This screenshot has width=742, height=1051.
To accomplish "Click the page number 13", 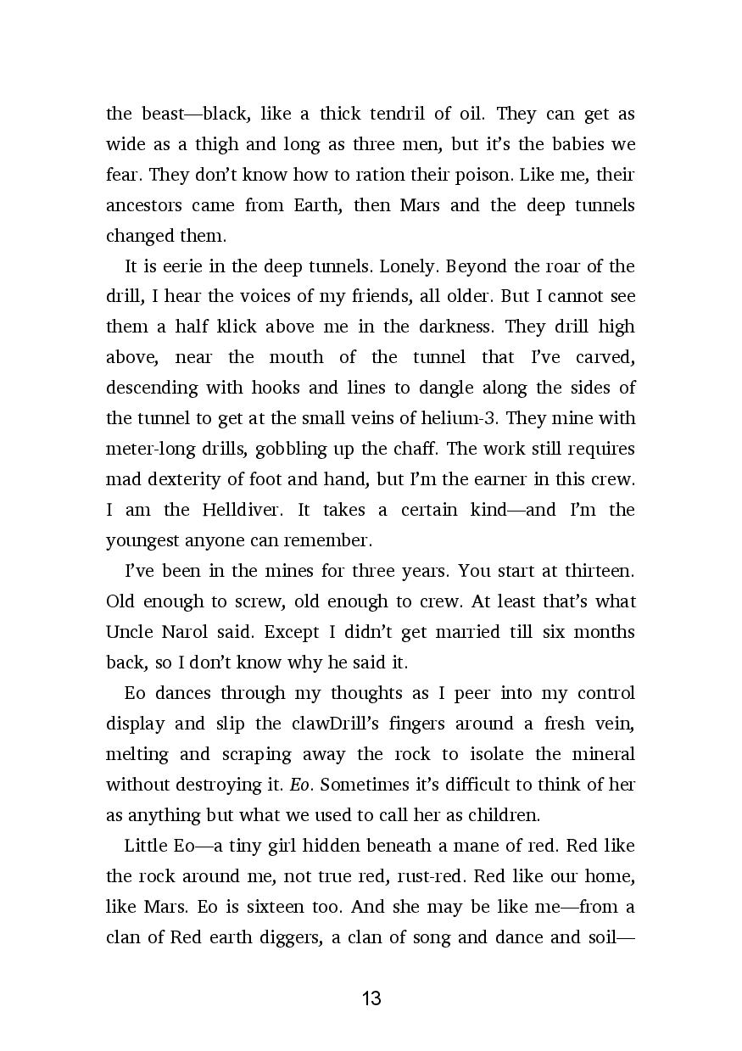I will [x=371, y=998].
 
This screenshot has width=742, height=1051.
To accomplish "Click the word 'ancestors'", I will [x=143, y=205].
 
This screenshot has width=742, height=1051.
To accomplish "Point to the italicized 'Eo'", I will [x=300, y=785].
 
